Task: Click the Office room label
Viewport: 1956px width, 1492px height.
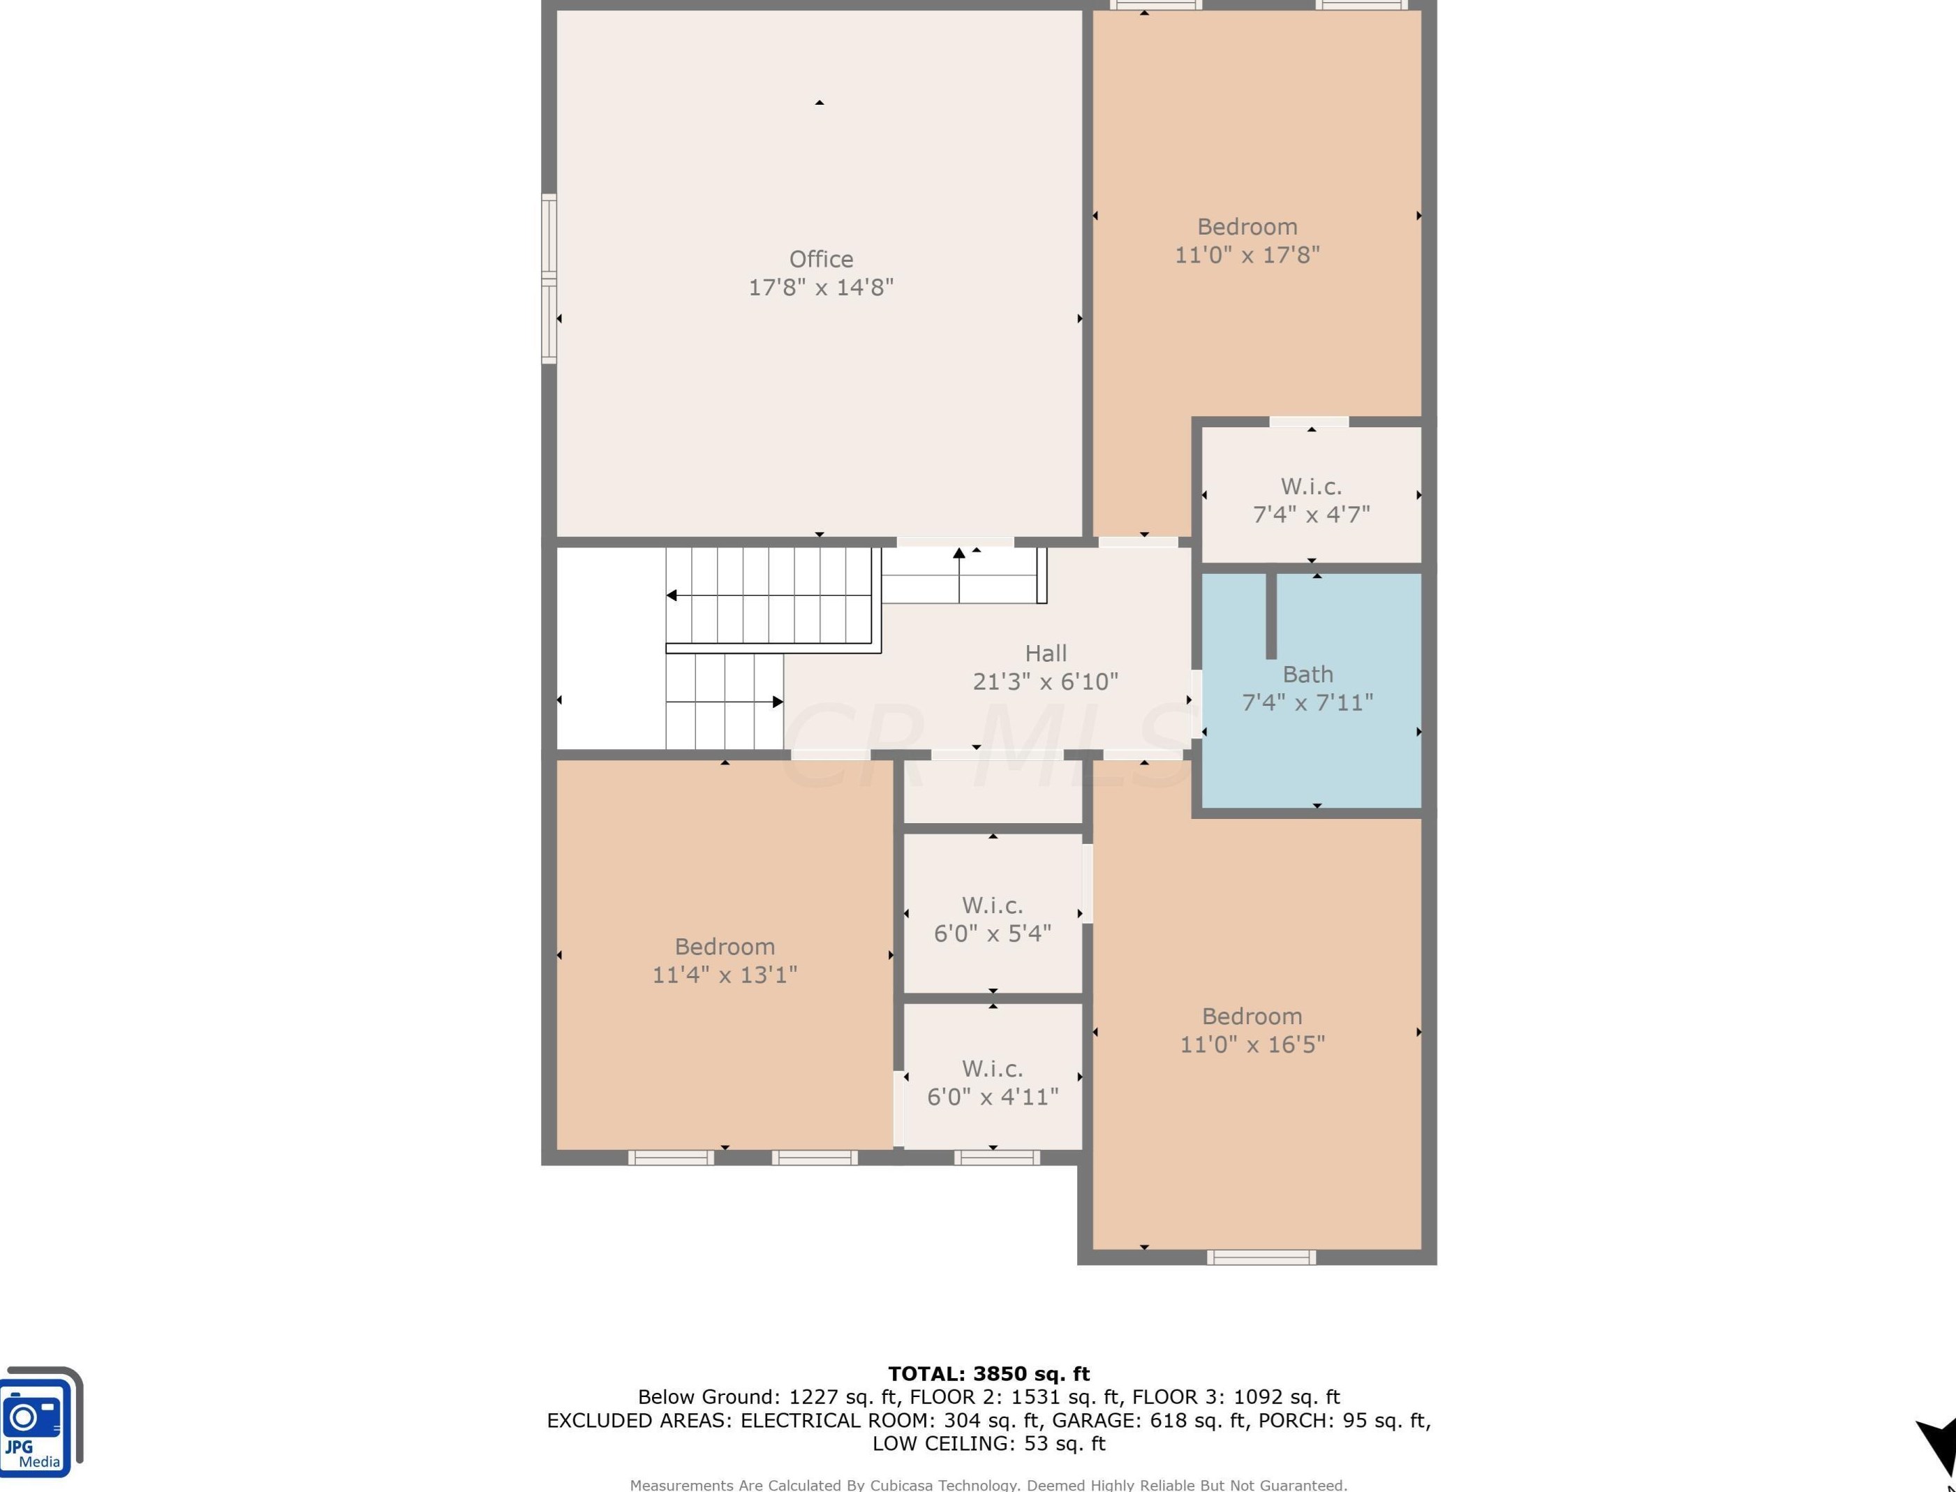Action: pos(822,259)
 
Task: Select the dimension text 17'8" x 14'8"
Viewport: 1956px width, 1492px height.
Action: pos(822,288)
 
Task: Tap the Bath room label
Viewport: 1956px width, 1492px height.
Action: pos(1308,675)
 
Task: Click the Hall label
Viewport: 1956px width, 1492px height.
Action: pos(1046,653)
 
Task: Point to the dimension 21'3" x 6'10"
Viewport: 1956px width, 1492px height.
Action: pos(1046,682)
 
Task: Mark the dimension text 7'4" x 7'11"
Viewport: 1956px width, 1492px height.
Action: pos(1308,703)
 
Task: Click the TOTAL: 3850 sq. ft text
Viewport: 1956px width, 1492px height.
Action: pos(989,1375)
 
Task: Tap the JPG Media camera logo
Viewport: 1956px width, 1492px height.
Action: pos(41,1422)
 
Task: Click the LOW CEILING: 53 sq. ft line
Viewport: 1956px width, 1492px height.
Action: pos(989,1444)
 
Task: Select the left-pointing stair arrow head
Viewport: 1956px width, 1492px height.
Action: pos(672,595)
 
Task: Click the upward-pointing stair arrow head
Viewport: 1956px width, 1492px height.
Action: pos(959,553)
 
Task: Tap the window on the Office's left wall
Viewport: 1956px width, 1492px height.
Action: pos(549,279)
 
